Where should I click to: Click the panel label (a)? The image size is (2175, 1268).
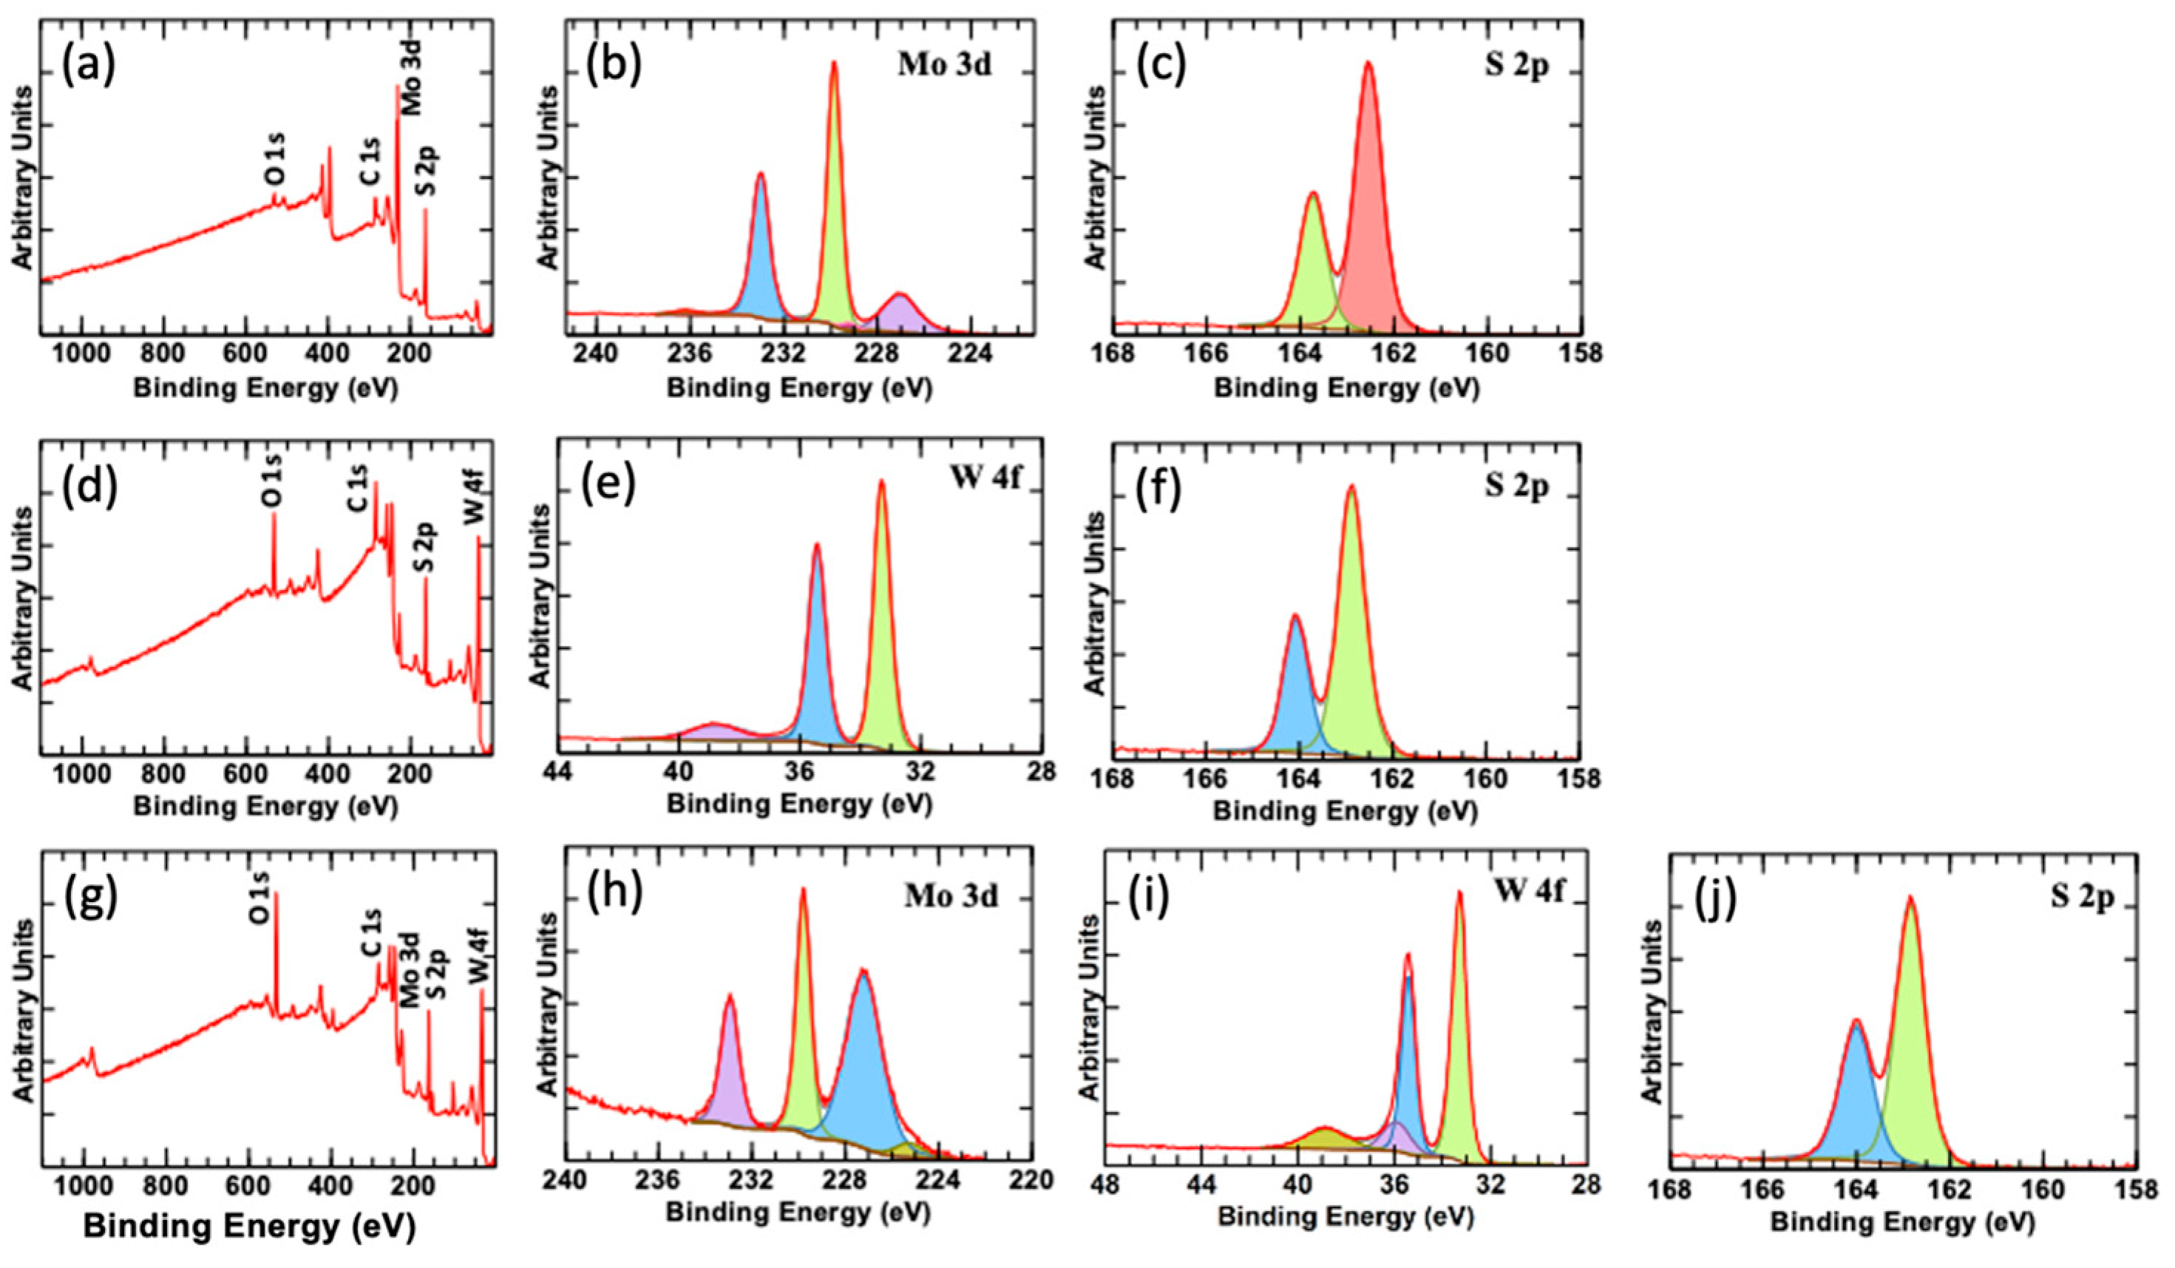click(89, 69)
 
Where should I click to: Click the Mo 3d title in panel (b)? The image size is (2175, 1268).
click(944, 67)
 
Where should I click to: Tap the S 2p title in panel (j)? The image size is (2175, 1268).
click(2081, 898)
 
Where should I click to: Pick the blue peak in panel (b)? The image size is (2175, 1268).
click(761, 259)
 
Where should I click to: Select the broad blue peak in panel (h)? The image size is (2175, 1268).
click(863, 1079)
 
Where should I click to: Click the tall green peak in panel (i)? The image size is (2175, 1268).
click(1459, 1036)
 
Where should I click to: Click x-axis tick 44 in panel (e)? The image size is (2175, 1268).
click(560, 772)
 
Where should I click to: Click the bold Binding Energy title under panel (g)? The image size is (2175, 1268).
click(248, 1226)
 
